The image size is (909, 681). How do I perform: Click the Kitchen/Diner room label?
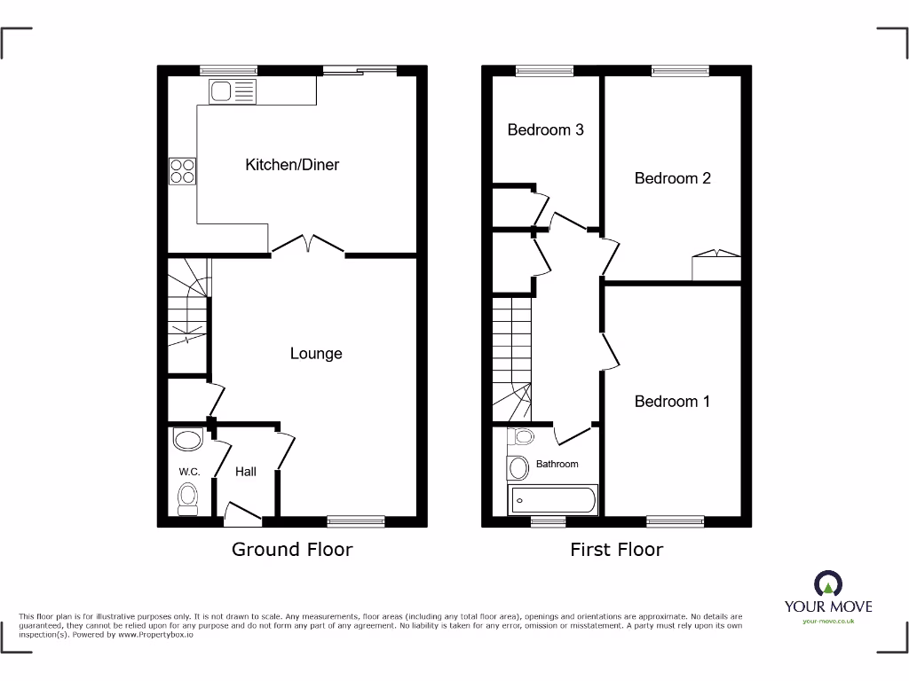click(292, 165)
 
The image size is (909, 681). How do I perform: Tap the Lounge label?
click(316, 354)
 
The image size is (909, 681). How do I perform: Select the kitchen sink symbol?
click(232, 90)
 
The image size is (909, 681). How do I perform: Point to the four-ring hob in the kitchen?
click(183, 170)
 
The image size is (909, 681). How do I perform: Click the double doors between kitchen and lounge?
click(307, 246)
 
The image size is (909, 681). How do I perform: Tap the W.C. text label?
click(189, 472)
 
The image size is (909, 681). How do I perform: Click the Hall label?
click(246, 472)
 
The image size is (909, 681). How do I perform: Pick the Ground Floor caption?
click(292, 550)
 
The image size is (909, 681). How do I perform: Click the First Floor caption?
click(616, 550)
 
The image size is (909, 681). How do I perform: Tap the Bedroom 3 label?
click(545, 130)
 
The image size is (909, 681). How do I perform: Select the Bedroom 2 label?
click(672, 178)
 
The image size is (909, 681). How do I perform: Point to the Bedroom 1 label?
click(672, 402)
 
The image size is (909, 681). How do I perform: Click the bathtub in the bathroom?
click(552, 500)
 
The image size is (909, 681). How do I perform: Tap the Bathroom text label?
click(557, 464)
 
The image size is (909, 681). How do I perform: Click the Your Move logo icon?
click(827, 583)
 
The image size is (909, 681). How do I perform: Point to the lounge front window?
click(356, 521)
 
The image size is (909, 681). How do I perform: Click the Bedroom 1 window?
click(675, 521)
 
